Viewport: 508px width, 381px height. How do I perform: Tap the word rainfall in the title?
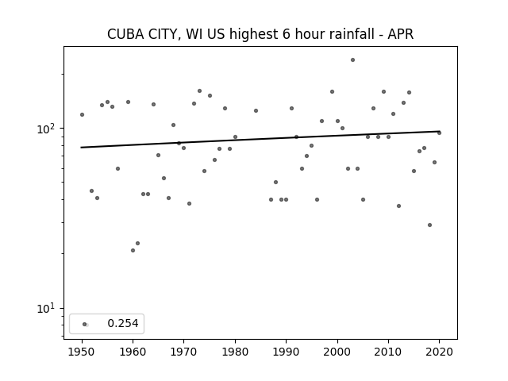(351, 34)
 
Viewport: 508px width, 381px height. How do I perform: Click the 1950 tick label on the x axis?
(82, 352)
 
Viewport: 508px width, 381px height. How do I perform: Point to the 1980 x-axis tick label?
(235, 352)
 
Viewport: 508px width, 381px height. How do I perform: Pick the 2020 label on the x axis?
(439, 352)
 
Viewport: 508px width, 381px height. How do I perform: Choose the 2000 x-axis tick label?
(337, 352)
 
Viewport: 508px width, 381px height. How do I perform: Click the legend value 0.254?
(123, 323)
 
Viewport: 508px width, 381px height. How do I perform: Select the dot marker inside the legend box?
(85, 325)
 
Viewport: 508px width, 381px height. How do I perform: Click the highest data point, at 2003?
(352, 60)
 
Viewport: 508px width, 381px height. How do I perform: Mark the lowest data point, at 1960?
(133, 251)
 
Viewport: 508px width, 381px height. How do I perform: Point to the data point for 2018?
(429, 225)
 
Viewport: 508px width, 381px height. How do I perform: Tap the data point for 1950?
(82, 114)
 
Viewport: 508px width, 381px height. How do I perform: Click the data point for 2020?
(439, 133)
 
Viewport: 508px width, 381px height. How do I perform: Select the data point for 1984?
(256, 111)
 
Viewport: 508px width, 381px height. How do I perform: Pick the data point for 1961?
(137, 244)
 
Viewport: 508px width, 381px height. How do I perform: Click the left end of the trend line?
(81, 148)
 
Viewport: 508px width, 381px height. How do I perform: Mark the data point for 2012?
(398, 206)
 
